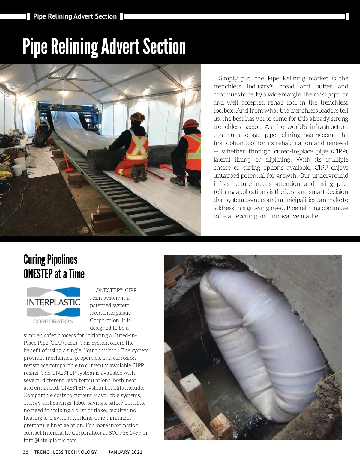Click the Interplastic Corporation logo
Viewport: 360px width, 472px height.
coord(53,305)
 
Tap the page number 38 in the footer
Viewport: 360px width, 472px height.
coord(25,452)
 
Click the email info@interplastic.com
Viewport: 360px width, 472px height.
coord(50,440)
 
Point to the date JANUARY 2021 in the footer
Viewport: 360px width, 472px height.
coord(125,452)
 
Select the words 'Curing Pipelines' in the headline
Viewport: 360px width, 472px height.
coord(50,260)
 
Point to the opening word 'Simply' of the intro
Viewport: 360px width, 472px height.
coord(228,78)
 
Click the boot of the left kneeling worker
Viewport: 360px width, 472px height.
coord(139,174)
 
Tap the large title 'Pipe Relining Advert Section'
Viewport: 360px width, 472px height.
coord(104,46)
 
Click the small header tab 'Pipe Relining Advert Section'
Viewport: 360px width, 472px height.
coord(75,16)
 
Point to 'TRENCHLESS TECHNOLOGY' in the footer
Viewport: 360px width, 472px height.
coord(65,452)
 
